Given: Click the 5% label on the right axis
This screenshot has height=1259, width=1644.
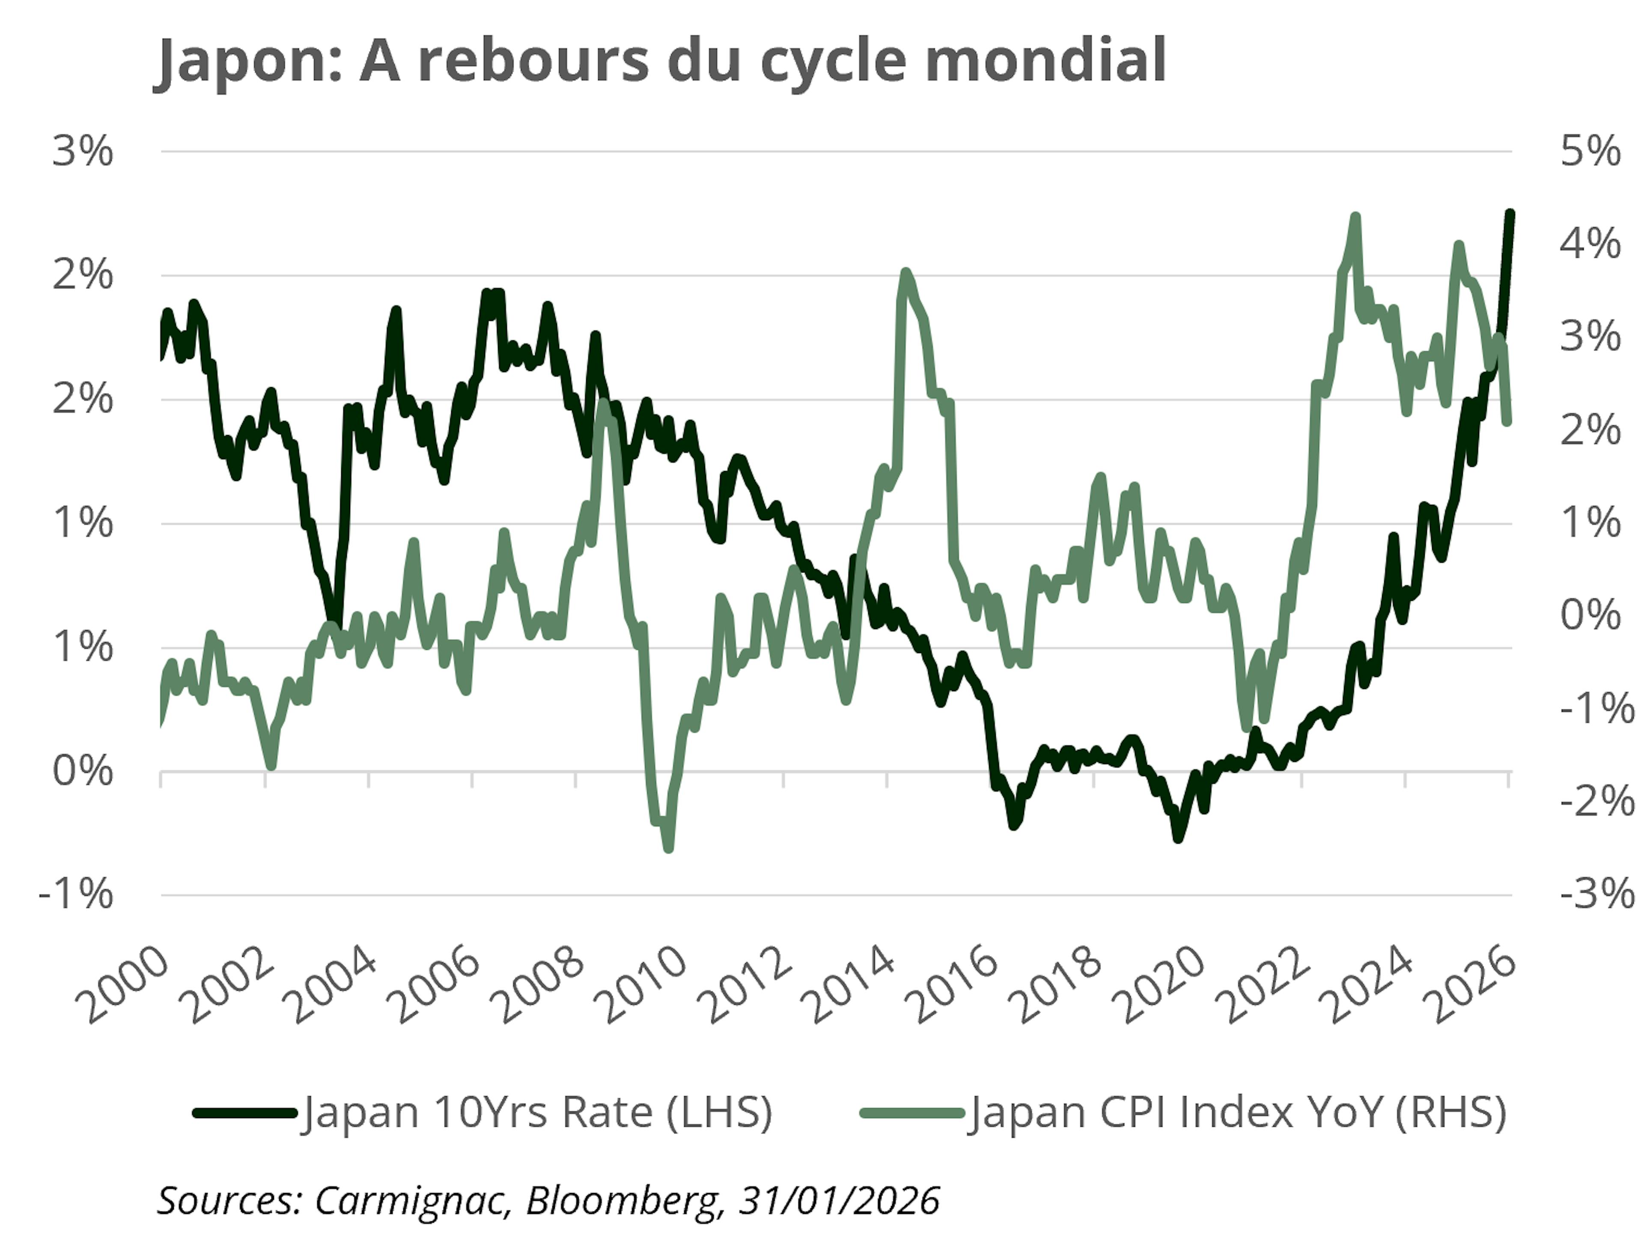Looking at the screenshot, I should point(1590,152).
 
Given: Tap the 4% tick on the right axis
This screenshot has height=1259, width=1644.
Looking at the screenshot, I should point(1590,245).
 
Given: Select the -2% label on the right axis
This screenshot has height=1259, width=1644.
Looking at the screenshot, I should point(1596,802).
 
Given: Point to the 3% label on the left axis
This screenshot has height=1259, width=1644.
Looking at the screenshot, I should point(83,152).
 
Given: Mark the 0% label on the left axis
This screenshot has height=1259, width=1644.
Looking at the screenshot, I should point(83,771).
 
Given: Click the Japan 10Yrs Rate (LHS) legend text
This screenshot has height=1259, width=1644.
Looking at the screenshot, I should point(536,1112).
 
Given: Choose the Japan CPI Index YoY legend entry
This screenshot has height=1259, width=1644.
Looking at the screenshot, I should point(1236,1112).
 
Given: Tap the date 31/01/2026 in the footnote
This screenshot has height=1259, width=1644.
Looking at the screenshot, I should point(839,1201).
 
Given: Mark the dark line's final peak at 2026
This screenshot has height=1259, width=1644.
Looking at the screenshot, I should point(1510,214).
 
